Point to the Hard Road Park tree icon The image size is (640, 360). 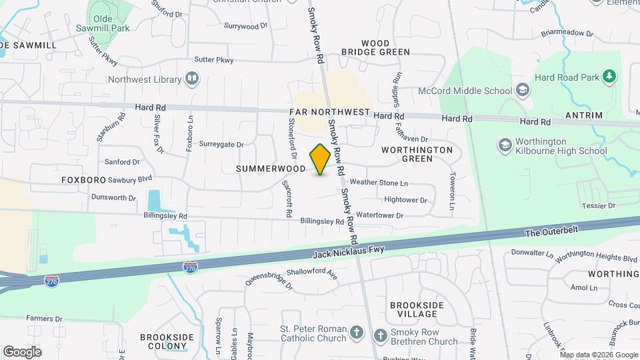(608, 76)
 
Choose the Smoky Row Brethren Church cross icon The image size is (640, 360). (380, 336)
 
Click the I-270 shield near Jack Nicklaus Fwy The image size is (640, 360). (191, 266)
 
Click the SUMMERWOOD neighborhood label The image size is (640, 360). (271, 169)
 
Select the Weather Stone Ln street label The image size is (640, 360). (379, 183)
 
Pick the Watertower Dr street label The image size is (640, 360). (380, 215)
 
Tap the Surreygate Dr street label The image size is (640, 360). (222, 144)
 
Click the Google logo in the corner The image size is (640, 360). (23, 351)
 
